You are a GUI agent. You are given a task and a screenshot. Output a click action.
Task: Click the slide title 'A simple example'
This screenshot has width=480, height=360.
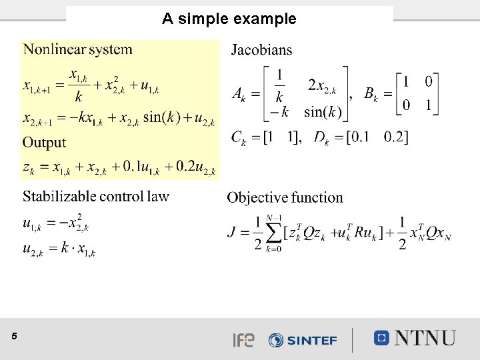point(229,19)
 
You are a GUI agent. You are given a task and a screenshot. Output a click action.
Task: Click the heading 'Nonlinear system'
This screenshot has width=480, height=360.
point(78,49)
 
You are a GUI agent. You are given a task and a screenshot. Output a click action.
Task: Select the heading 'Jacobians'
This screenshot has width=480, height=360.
point(261,50)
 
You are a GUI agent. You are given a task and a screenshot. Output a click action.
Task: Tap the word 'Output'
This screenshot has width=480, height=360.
point(44,142)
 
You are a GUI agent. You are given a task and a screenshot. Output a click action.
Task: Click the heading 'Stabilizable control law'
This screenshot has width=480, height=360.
point(96,196)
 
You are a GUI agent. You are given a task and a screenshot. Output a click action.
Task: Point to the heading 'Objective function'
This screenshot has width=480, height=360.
point(285,197)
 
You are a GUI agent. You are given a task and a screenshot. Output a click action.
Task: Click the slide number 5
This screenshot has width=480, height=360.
point(14,337)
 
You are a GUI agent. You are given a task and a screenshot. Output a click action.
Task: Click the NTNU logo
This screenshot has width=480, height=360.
point(415,338)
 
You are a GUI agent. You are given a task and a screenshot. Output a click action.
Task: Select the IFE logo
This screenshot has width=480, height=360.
point(243,340)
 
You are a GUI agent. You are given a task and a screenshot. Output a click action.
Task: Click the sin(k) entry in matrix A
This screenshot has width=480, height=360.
point(323,111)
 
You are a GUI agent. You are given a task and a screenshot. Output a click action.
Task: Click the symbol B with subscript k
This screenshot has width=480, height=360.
point(371,94)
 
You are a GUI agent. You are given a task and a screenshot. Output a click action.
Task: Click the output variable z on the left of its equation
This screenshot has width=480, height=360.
point(27,167)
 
